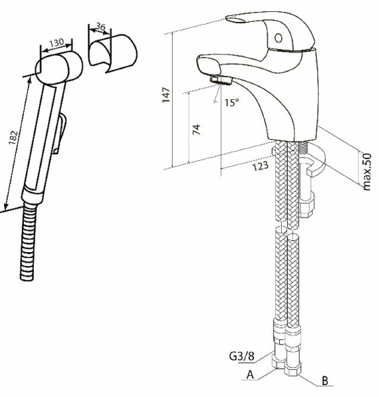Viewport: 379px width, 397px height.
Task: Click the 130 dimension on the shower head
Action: [56, 42]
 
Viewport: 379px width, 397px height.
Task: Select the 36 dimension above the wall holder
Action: [101, 28]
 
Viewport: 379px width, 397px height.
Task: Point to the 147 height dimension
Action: [167, 95]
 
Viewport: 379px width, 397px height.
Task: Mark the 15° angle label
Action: [231, 103]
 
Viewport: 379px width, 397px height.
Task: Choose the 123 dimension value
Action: [261, 165]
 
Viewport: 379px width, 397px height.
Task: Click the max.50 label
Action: [368, 171]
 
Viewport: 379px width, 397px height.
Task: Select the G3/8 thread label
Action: [242, 357]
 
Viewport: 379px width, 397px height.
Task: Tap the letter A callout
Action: [250, 375]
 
